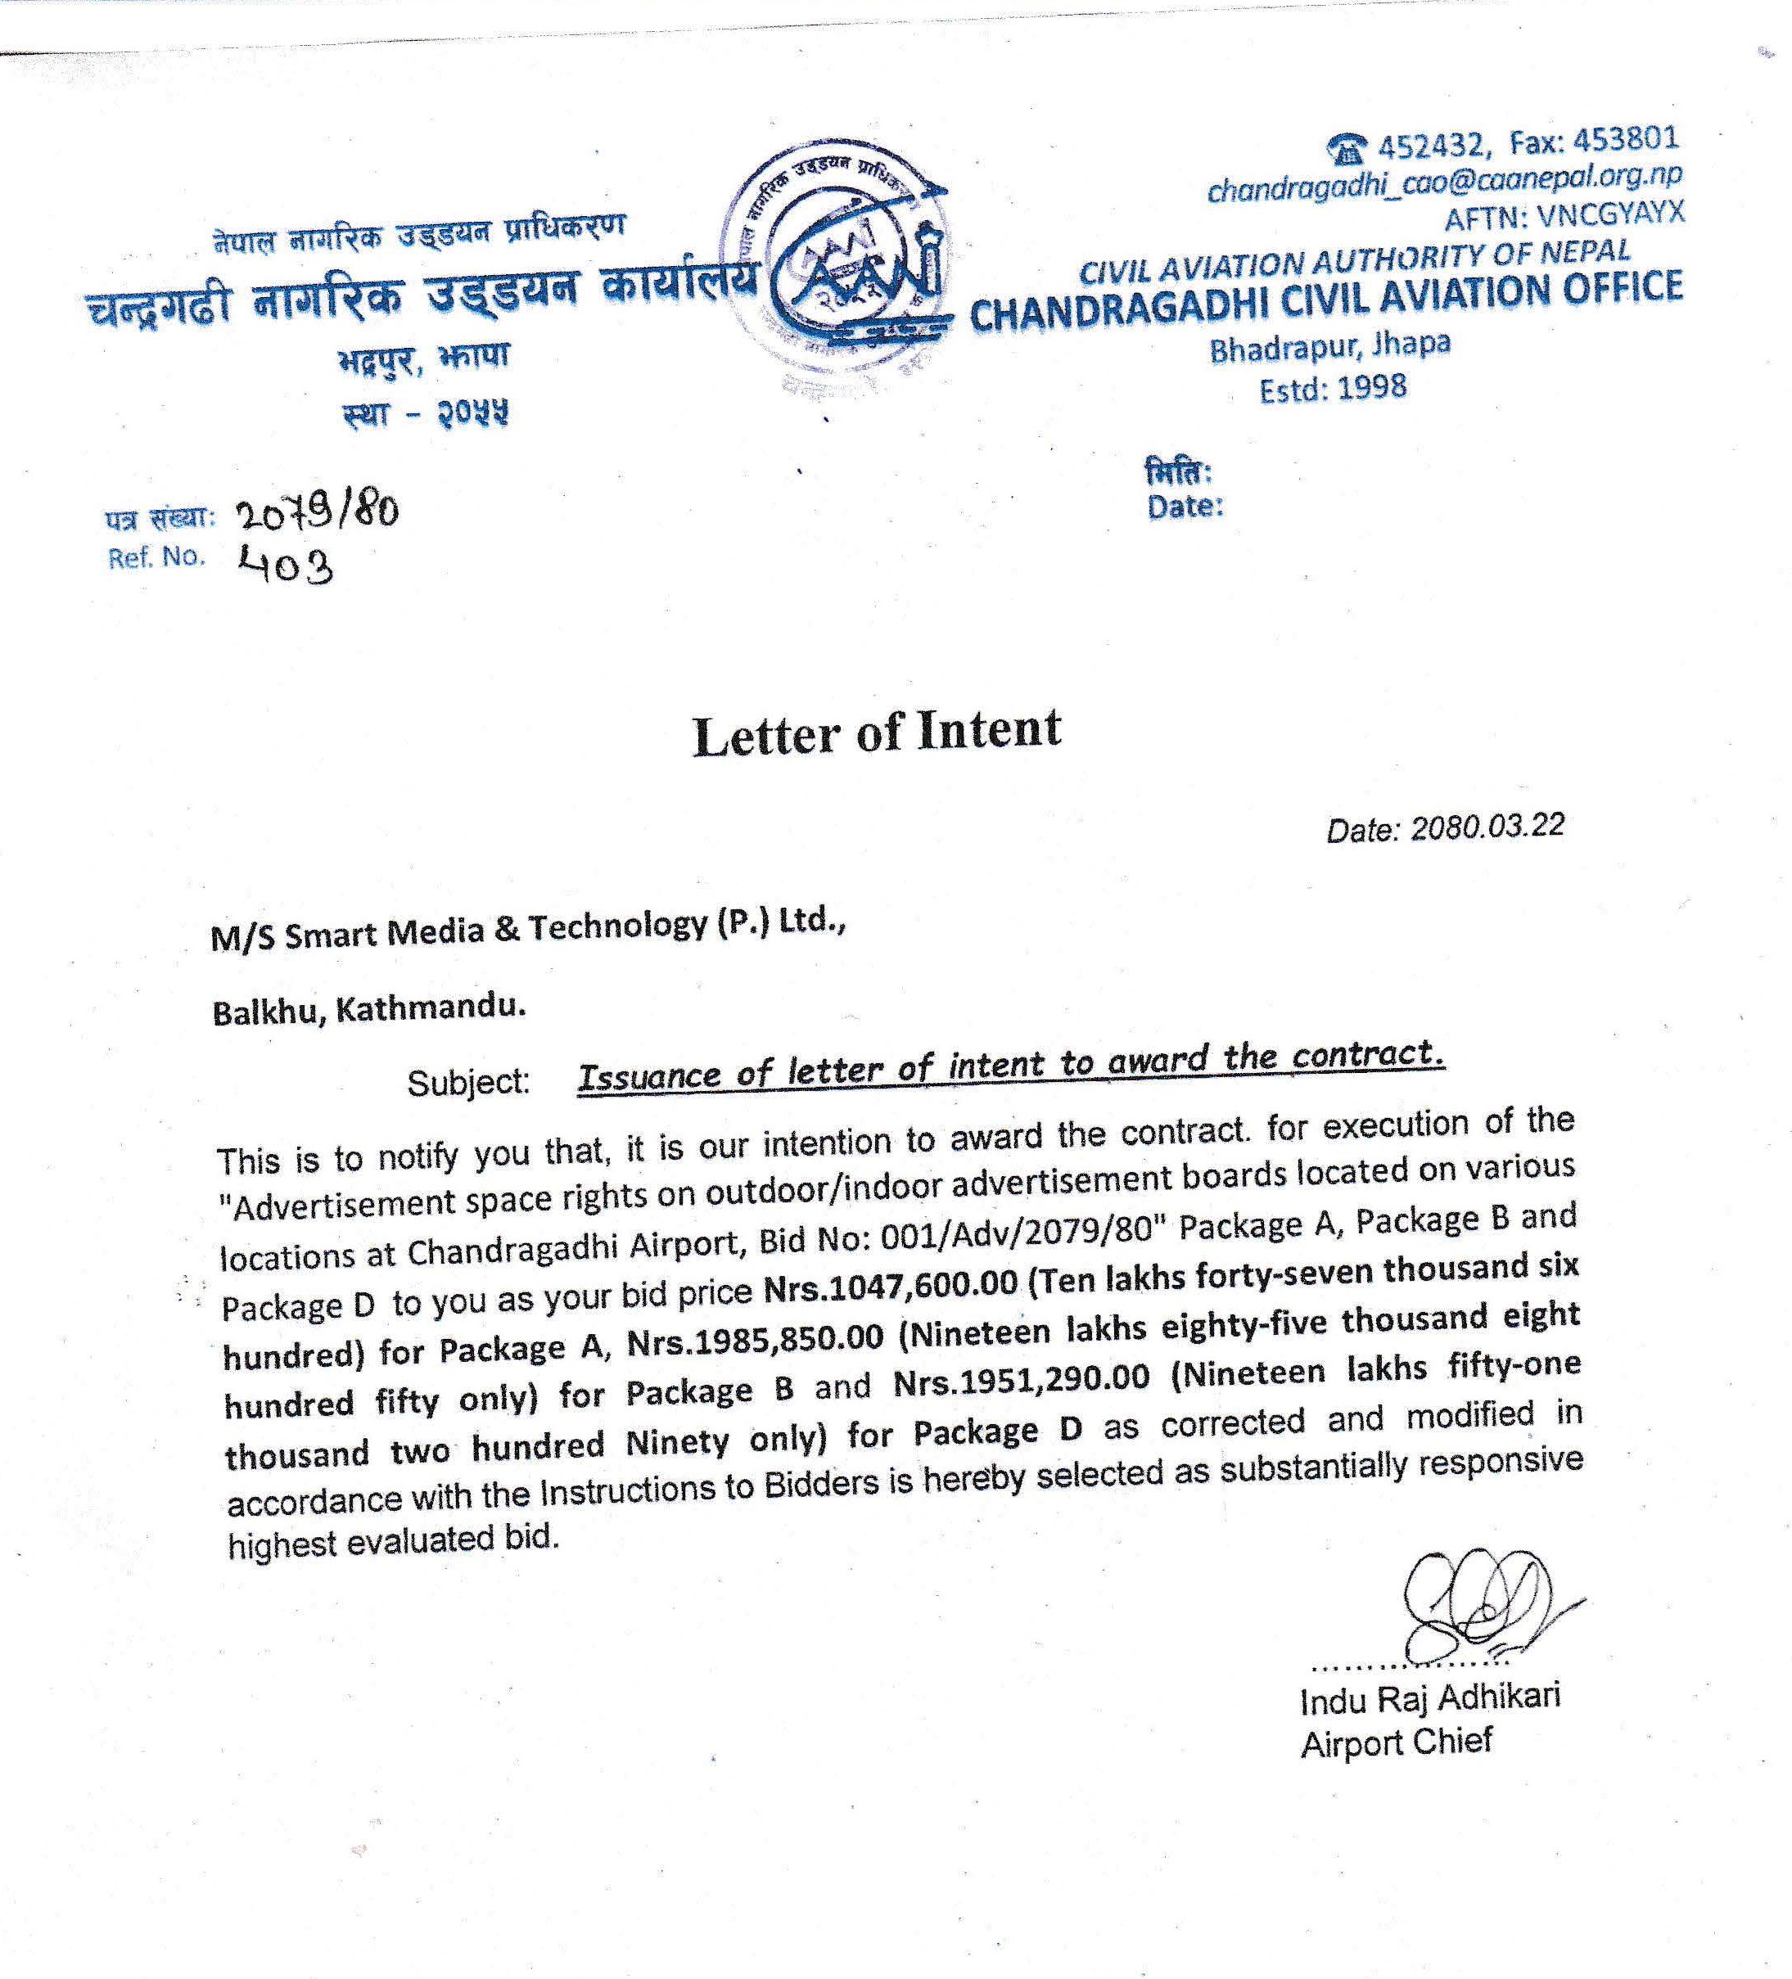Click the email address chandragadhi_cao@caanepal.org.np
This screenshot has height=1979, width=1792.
click(x=1443, y=182)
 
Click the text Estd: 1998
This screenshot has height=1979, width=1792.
click(x=1333, y=389)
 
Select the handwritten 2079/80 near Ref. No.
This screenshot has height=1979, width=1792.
click(x=317, y=512)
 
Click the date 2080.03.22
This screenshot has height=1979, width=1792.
click(x=1487, y=827)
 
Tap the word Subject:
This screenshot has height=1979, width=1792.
click(x=468, y=1082)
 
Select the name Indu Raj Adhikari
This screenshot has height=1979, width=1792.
click(x=1429, y=1699)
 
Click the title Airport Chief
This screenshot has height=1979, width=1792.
click(x=1395, y=1743)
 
